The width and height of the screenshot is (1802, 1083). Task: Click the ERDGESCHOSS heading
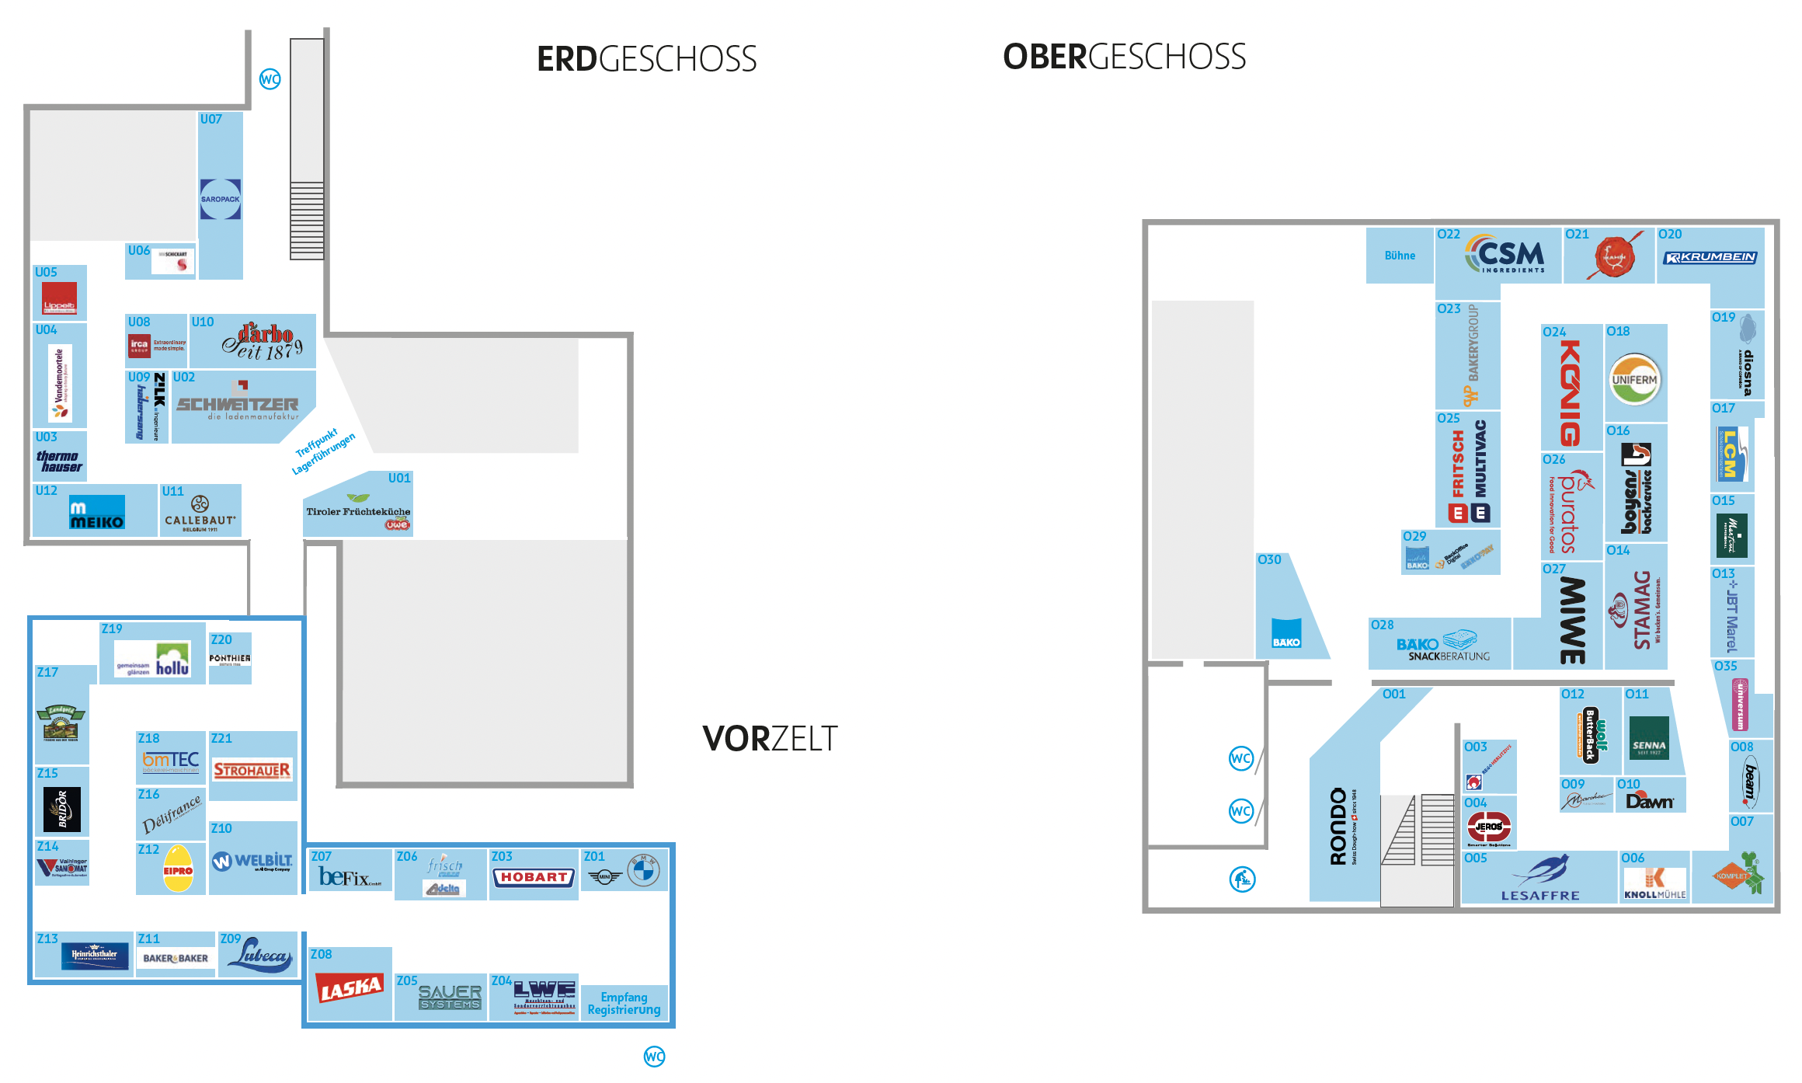click(x=646, y=60)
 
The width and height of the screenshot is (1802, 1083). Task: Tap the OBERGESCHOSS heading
click(x=1124, y=57)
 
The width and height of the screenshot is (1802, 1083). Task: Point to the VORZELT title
click(x=770, y=739)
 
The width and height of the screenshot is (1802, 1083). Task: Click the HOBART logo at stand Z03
click(x=534, y=877)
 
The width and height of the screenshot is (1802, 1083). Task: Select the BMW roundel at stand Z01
click(x=644, y=872)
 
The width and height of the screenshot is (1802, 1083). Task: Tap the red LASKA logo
click(x=350, y=988)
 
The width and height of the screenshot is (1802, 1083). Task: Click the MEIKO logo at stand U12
click(x=97, y=514)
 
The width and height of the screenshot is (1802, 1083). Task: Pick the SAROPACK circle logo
click(x=221, y=199)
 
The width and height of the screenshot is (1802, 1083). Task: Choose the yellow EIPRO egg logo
click(x=178, y=869)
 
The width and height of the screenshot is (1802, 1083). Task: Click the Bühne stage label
click(x=1400, y=256)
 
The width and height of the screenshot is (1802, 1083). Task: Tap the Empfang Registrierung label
click(x=624, y=1003)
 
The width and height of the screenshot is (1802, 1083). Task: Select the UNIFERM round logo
click(x=1634, y=380)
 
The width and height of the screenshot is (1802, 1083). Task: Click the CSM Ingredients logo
click(x=1505, y=255)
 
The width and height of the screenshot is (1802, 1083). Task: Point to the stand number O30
click(x=1269, y=559)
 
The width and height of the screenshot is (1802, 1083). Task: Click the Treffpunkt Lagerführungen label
click(x=322, y=451)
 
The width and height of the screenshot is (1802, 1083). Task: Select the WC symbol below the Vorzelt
click(x=655, y=1057)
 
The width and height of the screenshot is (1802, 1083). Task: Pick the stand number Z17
click(x=47, y=672)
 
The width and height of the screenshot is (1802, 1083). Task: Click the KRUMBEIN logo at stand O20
click(x=1710, y=257)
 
